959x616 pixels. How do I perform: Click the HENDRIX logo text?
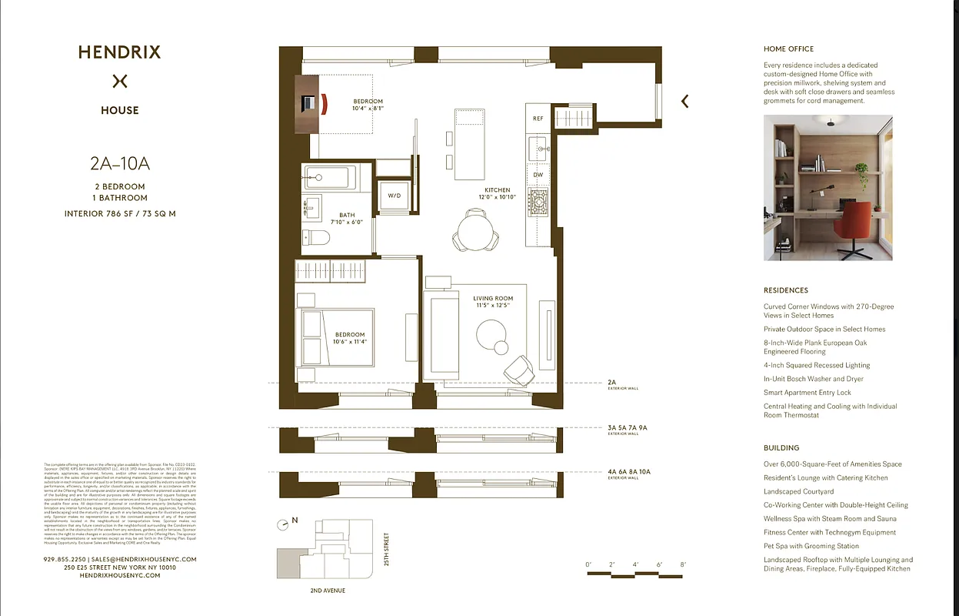click(119, 53)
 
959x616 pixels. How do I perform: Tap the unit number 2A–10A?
click(119, 163)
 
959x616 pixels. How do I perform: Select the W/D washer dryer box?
click(394, 196)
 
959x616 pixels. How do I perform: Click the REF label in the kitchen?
click(538, 119)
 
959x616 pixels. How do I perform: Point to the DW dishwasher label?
click(538, 175)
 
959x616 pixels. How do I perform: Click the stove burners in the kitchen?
click(538, 202)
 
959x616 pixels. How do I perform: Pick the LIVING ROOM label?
click(493, 299)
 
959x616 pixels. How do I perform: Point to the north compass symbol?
click(284, 524)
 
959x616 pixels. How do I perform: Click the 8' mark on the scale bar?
click(683, 565)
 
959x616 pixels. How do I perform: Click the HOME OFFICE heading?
click(788, 49)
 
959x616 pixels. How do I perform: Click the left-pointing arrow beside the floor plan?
click(684, 101)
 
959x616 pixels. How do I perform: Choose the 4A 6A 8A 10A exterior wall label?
click(628, 471)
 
